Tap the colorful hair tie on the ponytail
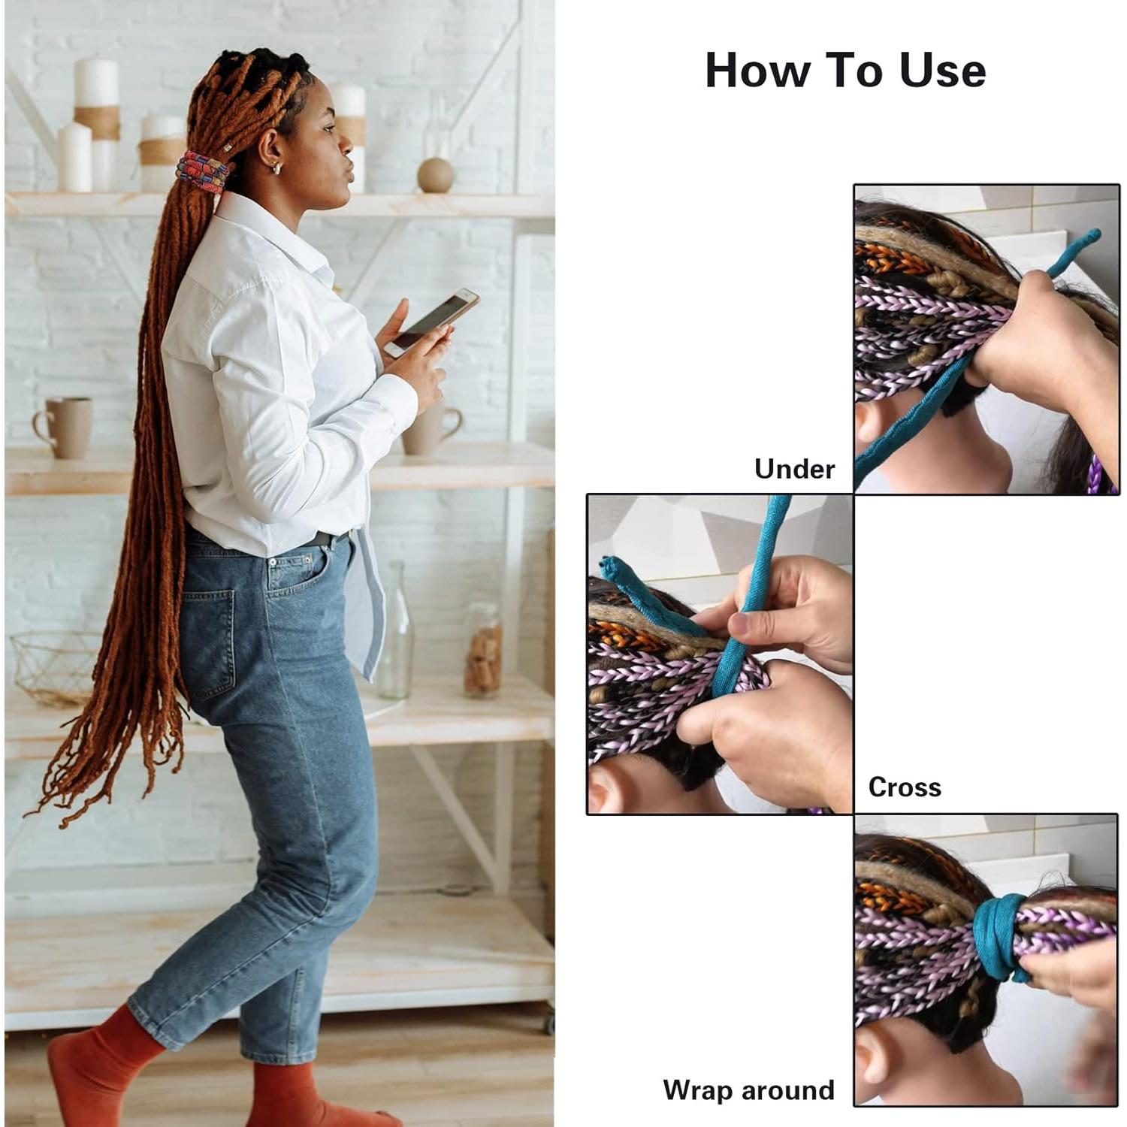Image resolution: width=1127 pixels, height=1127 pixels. (201, 172)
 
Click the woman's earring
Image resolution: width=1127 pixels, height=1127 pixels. (276, 168)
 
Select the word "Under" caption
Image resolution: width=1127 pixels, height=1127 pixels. (794, 469)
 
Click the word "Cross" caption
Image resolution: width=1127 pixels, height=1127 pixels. (904, 787)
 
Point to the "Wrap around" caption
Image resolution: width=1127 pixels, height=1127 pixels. (748, 1089)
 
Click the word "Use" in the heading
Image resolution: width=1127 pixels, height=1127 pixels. (942, 71)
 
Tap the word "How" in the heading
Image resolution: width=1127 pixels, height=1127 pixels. (757, 71)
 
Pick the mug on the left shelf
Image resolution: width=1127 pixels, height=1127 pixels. (65, 427)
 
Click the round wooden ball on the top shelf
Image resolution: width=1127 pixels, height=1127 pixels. (436, 175)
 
